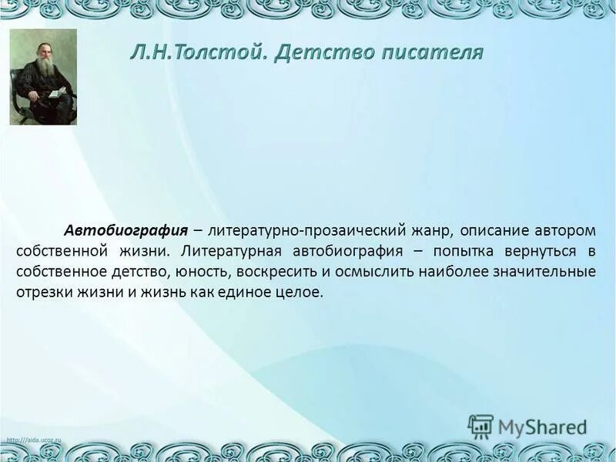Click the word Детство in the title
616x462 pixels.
tap(315, 52)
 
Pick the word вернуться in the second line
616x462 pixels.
tap(538, 252)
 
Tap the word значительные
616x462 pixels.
tap(547, 273)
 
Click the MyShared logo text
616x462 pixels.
tap(542, 426)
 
